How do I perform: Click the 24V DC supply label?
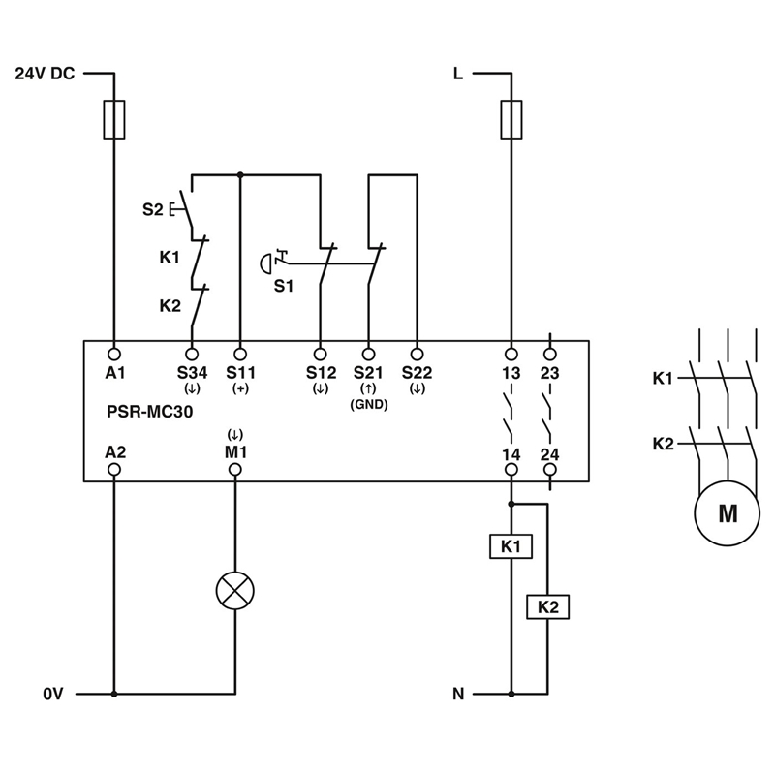(45, 74)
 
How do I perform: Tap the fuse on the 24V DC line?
(114, 119)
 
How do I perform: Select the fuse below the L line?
(511, 119)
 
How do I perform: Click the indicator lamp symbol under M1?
(235, 591)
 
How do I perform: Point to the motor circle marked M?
(728, 513)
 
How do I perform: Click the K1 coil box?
(511, 546)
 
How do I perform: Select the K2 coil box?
(547, 607)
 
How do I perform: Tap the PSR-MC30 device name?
(150, 411)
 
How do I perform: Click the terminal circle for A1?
(114, 354)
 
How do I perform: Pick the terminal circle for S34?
(192, 354)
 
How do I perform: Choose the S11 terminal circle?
(240, 354)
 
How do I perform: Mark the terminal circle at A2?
(114, 469)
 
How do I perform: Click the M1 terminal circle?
(235, 469)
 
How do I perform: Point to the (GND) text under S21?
(369, 404)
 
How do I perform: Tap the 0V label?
(53, 694)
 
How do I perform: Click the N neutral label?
(458, 694)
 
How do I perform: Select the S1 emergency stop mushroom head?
(265, 263)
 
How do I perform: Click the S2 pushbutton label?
(153, 209)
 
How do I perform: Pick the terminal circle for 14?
(511, 469)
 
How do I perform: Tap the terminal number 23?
(549, 373)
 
